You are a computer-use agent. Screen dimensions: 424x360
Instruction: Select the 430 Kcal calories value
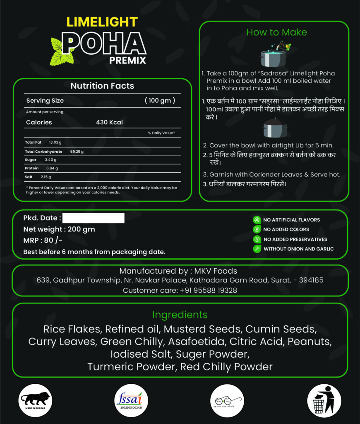tap(109, 123)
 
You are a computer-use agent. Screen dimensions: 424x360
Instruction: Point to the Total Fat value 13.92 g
tap(55, 142)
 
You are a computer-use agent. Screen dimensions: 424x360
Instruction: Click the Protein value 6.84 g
tap(52, 169)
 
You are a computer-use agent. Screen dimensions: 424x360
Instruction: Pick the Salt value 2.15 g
tap(46, 177)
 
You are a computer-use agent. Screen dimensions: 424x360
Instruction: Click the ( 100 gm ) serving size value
tap(160, 101)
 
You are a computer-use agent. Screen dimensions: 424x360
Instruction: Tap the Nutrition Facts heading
tap(102, 86)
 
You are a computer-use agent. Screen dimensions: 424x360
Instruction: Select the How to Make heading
tap(276, 32)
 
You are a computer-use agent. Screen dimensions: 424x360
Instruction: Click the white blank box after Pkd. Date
tap(94, 218)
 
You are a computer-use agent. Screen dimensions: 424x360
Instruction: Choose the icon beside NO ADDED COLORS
tap(257, 229)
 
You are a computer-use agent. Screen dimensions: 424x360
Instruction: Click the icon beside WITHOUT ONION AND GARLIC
tap(257, 249)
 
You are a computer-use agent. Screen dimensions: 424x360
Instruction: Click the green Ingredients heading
tap(180, 315)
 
